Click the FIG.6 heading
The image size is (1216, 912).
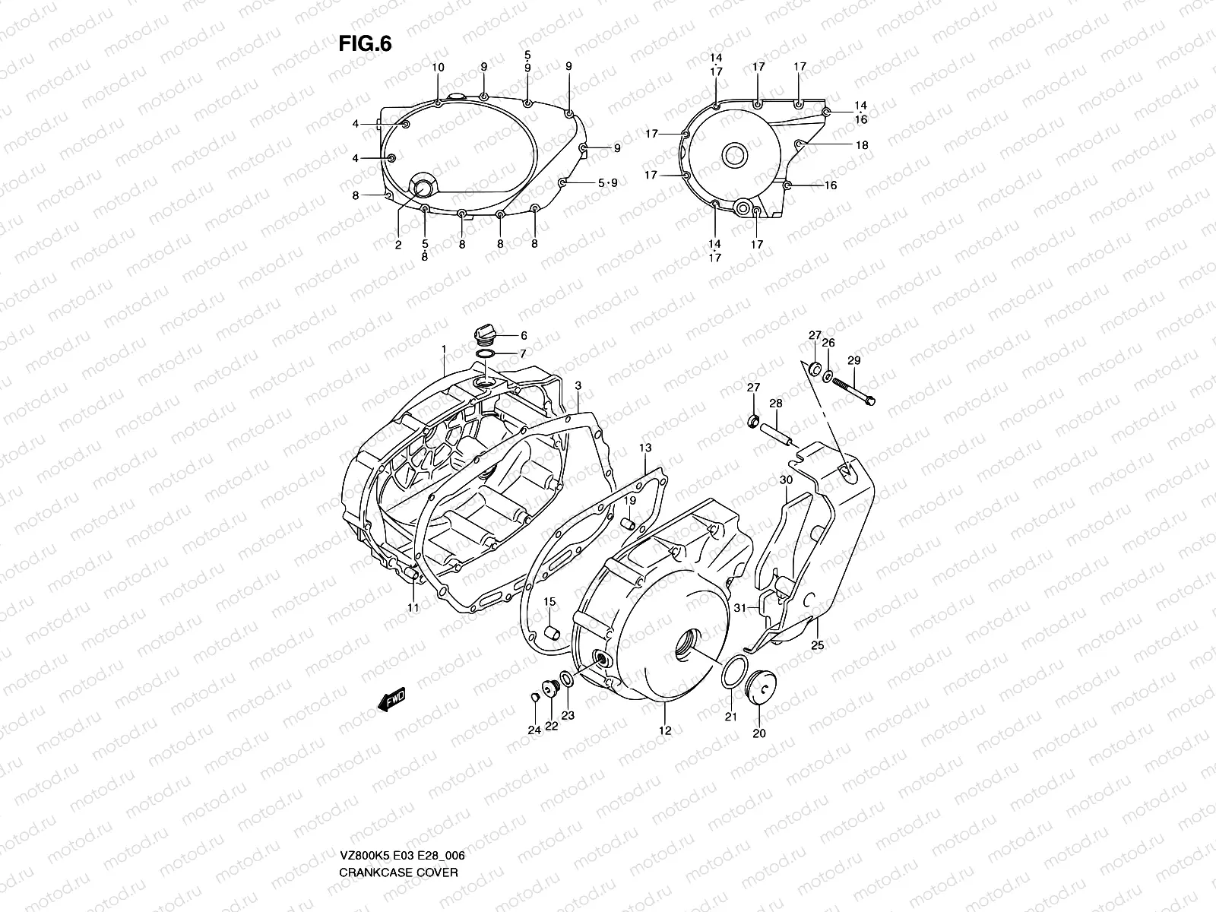tap(365, 43)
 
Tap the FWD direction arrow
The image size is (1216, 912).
tap(392, 698)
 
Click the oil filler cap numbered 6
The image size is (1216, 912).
tap(484, 334)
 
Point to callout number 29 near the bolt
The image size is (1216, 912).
tap(853, 360)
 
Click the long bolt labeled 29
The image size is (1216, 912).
tap(854, 388)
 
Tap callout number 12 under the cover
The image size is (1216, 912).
tap(665, 731)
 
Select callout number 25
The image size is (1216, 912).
tap(817, 645)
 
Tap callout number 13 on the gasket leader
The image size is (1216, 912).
tap(645, 448)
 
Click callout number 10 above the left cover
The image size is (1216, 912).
tap(438, 68)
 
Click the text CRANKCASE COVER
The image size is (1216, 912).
tap(398, 808)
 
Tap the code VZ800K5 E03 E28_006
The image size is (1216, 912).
tap(402, 791)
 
